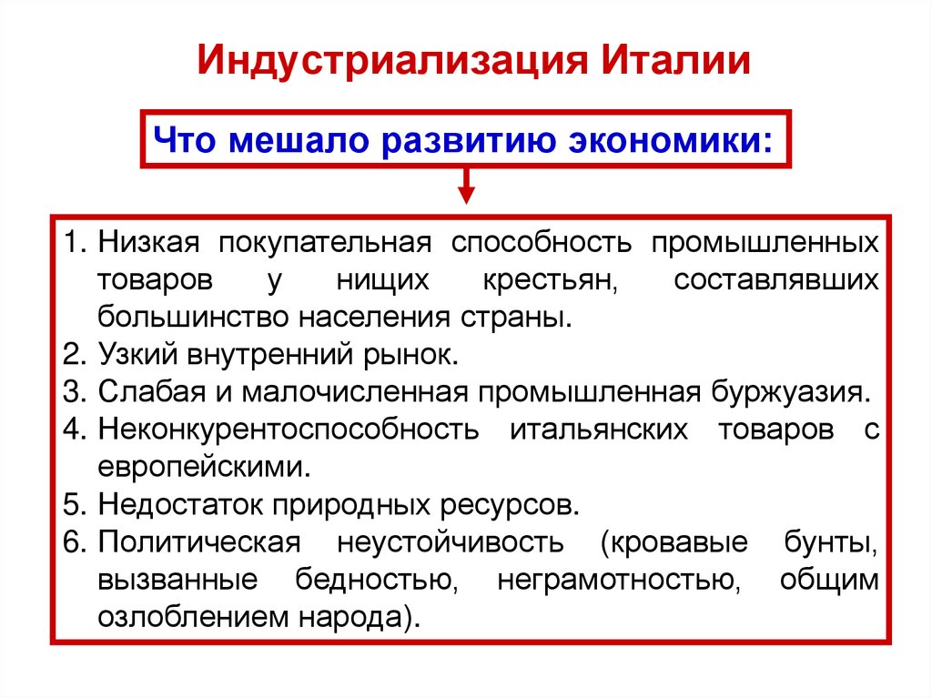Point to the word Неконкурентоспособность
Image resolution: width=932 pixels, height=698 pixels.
pos(288,430)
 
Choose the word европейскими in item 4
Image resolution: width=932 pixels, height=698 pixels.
pos(201,467)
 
